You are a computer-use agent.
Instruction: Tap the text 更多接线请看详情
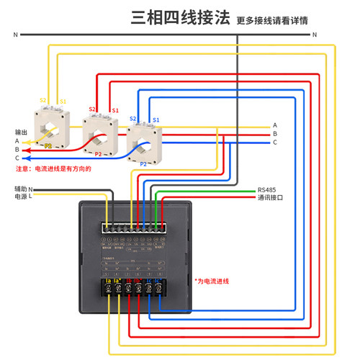coord(272,20)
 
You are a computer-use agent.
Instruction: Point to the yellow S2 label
coord(43,101)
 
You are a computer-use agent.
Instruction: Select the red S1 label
coord(115,110)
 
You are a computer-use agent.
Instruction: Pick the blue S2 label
coord(133,118)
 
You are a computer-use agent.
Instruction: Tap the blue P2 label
coord(143,164)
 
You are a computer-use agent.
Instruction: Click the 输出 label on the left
coord(22,132)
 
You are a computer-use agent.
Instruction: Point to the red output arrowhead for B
coord(27,150)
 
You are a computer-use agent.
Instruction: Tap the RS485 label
coord(266,190)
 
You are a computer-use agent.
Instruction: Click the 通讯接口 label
coord(271,198)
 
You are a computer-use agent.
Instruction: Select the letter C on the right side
coord(274,143)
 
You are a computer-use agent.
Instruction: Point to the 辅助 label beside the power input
coord(19,188)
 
